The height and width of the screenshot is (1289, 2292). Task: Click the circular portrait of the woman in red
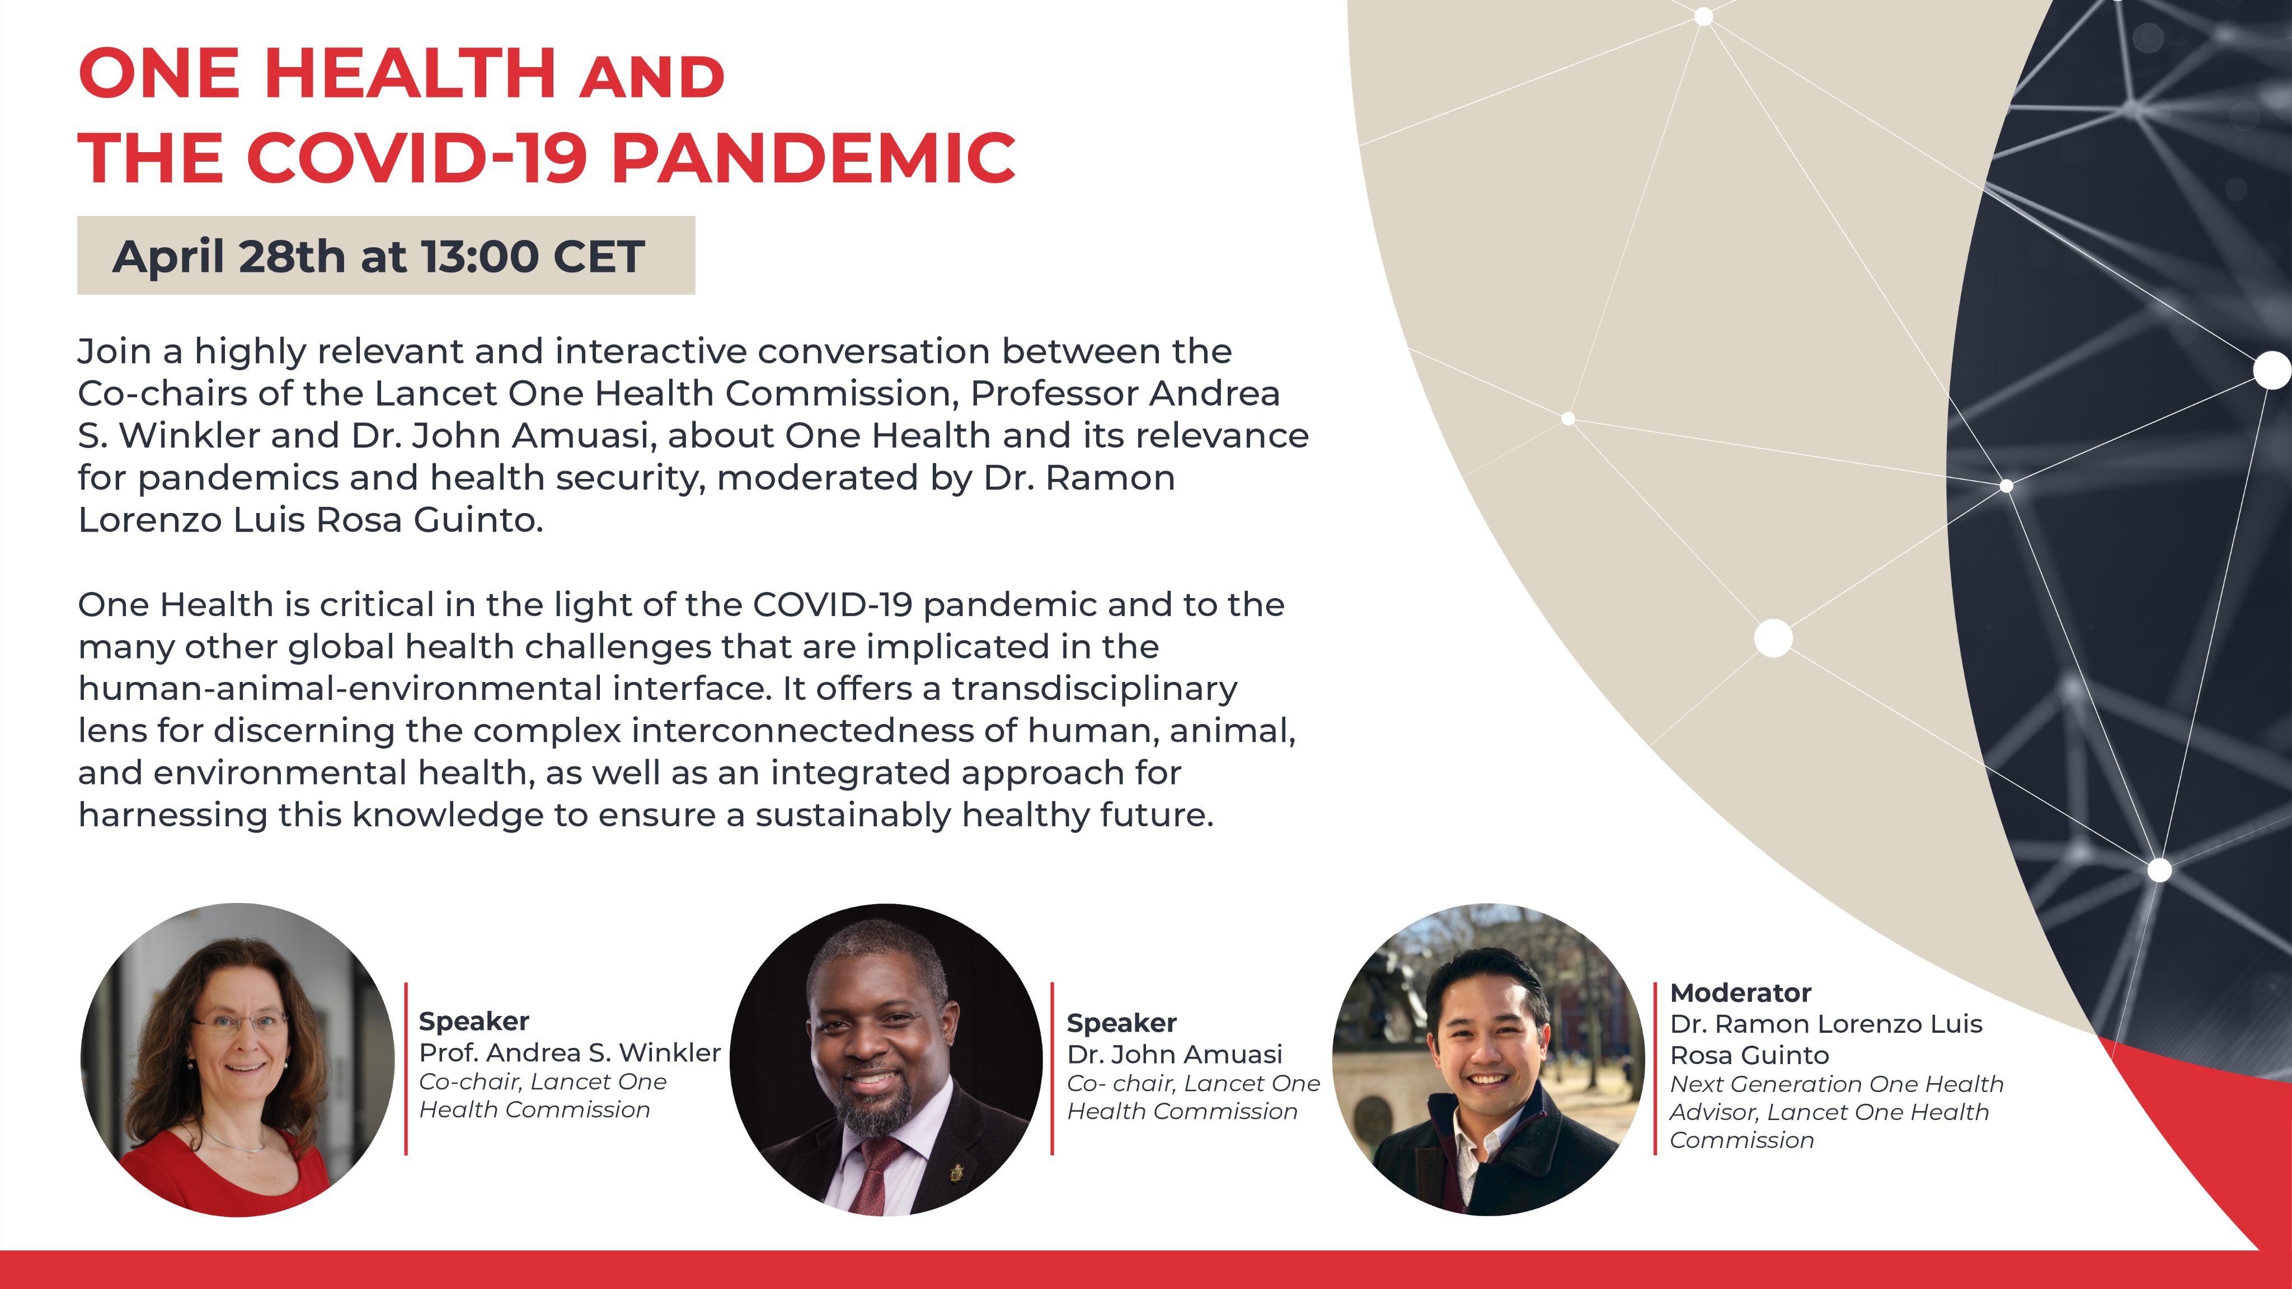238,1060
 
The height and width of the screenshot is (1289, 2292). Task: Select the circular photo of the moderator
1488,1060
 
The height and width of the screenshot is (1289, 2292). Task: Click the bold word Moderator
1740,993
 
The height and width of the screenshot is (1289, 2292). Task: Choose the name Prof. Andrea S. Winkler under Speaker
570,1052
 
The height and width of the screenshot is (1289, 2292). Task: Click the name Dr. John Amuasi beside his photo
1175,1054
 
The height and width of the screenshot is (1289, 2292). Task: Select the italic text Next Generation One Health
1837,1084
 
